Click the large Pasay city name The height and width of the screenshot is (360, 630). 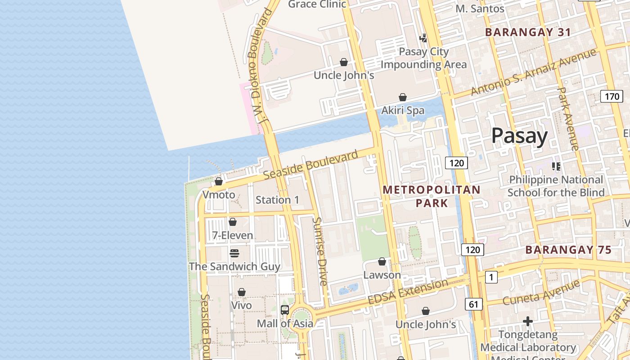coord(519,135)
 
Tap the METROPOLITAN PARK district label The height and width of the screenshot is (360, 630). coord(432,197)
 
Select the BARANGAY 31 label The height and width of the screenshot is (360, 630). coord(528,32)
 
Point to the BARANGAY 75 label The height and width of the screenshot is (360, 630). coord(568,250)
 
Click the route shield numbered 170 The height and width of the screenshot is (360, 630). coord(612,96)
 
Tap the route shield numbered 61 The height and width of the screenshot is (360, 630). coord(473,304)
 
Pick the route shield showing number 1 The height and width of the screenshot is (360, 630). coord(491,277)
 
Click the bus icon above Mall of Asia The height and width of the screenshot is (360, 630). coord(285,310)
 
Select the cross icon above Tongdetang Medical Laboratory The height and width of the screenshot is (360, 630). coord(528,321)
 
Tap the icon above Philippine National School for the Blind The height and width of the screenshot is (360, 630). coord(556,166)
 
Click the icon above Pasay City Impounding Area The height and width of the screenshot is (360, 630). coord(423,38)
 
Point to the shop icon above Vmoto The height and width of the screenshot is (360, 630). coord(219,181)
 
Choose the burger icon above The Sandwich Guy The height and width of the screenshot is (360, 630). coord(234,253)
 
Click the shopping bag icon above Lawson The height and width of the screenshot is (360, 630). coord(382,261)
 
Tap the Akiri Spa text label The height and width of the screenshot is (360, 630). coord(403,110)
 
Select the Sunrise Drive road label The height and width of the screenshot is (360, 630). coord(320,252)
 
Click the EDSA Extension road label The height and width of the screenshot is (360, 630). coord(408,292)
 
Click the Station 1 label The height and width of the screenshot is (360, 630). coord(277,200)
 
